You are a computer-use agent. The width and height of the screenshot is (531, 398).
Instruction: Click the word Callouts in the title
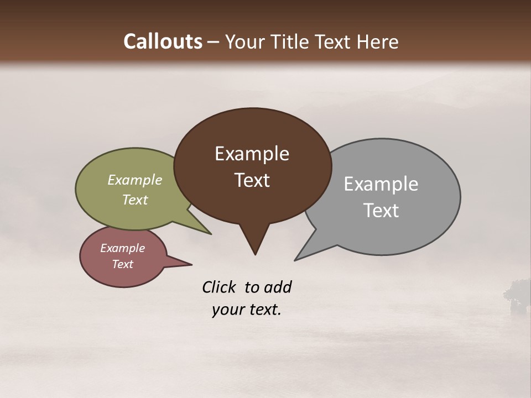click(163, 42)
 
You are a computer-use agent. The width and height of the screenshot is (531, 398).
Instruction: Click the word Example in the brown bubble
click(252, 154)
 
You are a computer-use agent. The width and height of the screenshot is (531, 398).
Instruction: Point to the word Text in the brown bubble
click(252, 180)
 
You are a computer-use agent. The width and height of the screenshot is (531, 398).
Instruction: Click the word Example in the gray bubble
click(381, 184)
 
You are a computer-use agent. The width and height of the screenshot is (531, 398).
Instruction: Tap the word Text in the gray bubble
click(381, 211)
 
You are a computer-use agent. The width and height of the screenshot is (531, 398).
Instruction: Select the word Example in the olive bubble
click(134, 180)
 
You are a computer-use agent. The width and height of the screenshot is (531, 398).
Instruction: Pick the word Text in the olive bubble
click(134, 200)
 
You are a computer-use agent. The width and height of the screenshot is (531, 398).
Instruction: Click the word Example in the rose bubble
click(122, 248)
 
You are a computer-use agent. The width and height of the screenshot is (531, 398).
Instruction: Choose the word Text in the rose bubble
click(122, 264)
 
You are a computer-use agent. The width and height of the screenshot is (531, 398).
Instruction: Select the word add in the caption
click(278, 287)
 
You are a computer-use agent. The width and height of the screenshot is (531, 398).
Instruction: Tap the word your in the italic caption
click(227, 310)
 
